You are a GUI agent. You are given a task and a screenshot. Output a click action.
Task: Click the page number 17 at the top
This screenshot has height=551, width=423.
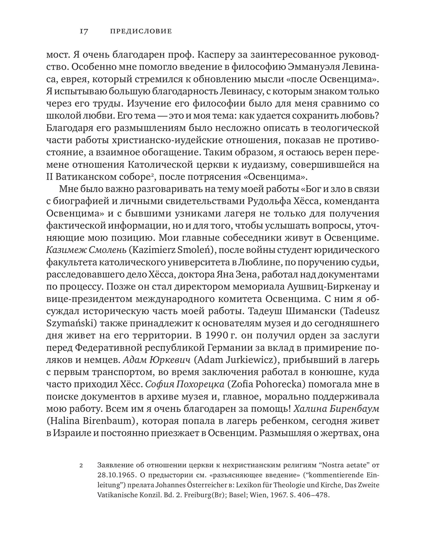83,31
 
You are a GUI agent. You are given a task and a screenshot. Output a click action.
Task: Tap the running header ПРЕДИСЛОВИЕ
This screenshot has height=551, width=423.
141,31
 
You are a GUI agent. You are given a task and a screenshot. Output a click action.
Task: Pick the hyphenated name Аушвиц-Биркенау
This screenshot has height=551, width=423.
327,287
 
